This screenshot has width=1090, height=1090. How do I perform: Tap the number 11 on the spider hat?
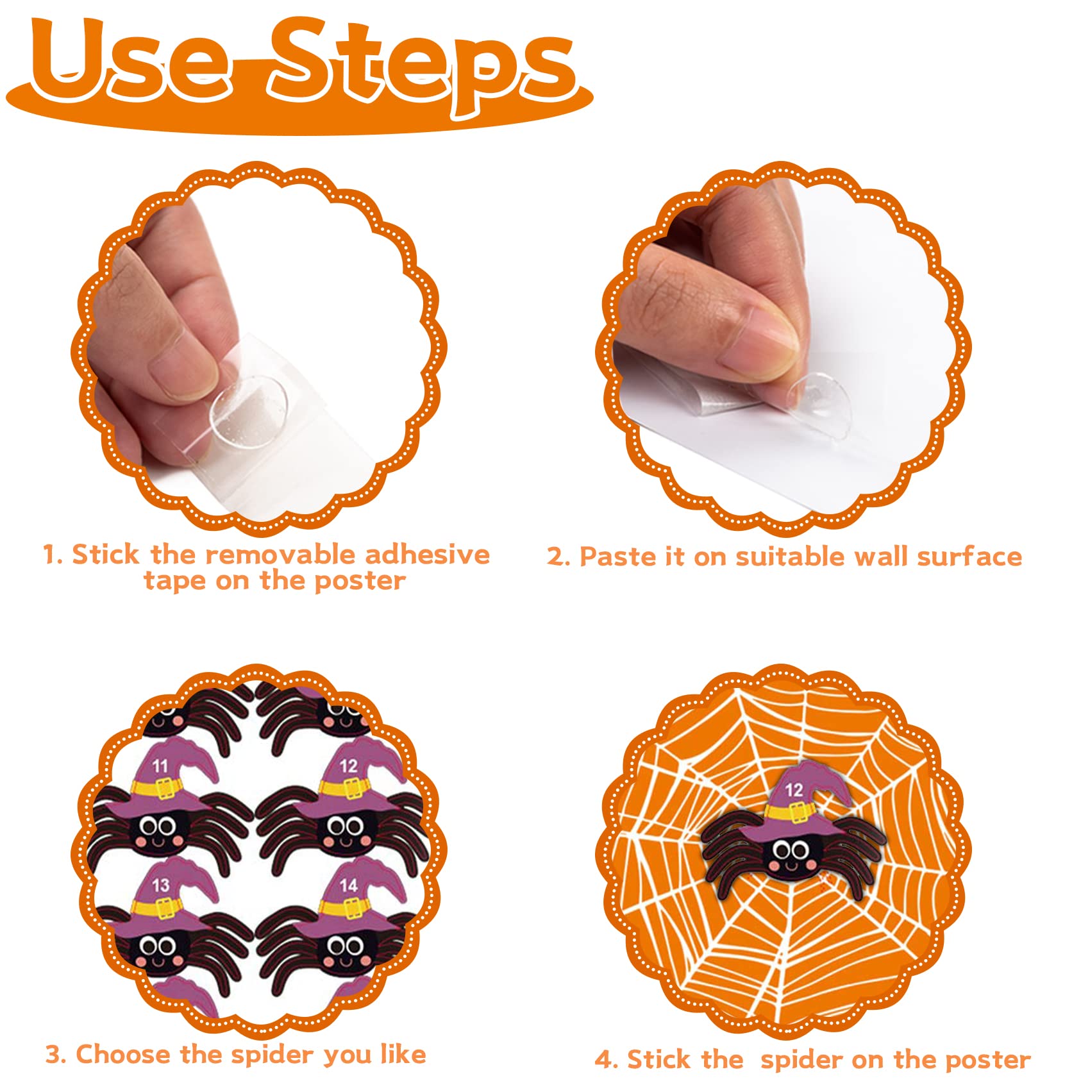[x=160, y=765]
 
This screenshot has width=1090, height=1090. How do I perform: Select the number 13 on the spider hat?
[x=160, y=885]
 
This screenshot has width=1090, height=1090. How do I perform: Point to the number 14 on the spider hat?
[x=348, y=885]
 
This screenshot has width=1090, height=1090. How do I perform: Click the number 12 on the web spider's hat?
[x=794, y=790]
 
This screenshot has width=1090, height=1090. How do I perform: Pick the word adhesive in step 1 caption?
[x=427, y=555]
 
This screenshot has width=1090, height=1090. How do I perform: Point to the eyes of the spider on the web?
[x=791, y=850]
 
